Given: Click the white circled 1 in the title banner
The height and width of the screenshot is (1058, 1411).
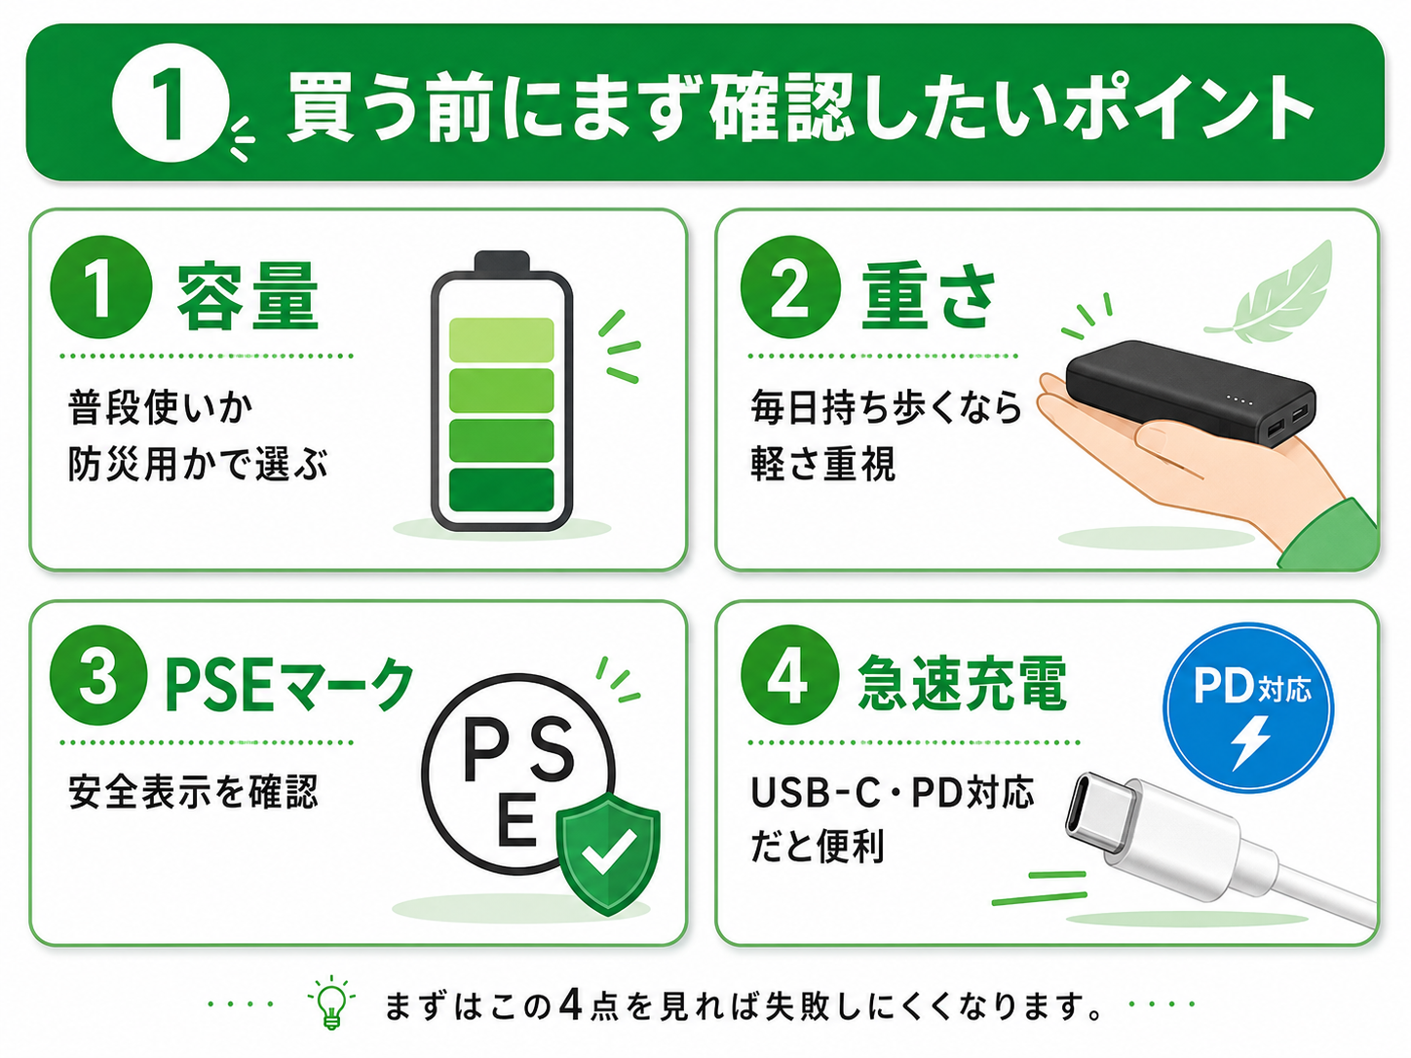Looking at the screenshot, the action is pos(171,103).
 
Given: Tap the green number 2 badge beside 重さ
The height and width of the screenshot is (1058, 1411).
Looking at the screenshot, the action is pos(790,287).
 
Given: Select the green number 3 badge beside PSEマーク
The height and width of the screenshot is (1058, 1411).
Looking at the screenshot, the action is pos(99,675).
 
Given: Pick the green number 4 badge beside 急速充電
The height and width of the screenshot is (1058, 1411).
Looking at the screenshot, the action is pos(789,675).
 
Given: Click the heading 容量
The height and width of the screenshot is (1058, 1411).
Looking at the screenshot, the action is pos(248,296).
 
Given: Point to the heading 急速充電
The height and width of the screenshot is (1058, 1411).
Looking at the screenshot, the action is pos(963,682).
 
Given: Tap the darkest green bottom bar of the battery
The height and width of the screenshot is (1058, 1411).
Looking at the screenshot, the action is pos(502,489).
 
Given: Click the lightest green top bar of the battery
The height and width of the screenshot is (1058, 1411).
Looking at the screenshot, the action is pos(502,339).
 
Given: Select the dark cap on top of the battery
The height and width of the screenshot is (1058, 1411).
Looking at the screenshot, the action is pos(502,261).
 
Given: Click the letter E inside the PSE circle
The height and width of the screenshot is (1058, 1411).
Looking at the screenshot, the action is pos(516,819).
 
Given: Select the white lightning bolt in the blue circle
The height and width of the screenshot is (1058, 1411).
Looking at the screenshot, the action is pos(1249,743).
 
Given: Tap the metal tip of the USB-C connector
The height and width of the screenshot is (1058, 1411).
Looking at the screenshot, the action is pos(1101,811).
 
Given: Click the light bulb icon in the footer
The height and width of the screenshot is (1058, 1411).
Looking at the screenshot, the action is pos(331,1002).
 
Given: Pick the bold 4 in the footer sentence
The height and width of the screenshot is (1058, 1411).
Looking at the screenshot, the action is pos(570,1004).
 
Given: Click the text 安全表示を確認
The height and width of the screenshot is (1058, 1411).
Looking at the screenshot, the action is pos(193,792).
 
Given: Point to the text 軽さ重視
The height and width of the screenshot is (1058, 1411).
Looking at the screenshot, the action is pos(822,464).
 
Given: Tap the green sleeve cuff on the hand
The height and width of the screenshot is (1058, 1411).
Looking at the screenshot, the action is pos(1331,536).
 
